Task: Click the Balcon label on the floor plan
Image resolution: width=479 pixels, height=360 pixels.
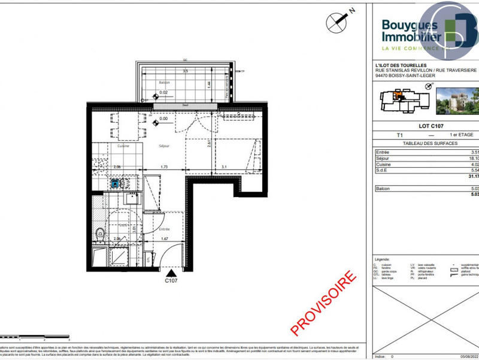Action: point(164,83)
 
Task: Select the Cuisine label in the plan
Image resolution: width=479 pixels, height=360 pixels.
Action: point(124,146)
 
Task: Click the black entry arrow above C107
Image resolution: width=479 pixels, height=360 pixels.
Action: point(171,273)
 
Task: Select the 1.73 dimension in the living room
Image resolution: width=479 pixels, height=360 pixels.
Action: point(164,167)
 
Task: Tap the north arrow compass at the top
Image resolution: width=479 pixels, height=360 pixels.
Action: point(336,22)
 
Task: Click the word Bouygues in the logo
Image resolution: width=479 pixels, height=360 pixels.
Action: point(411,26)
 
